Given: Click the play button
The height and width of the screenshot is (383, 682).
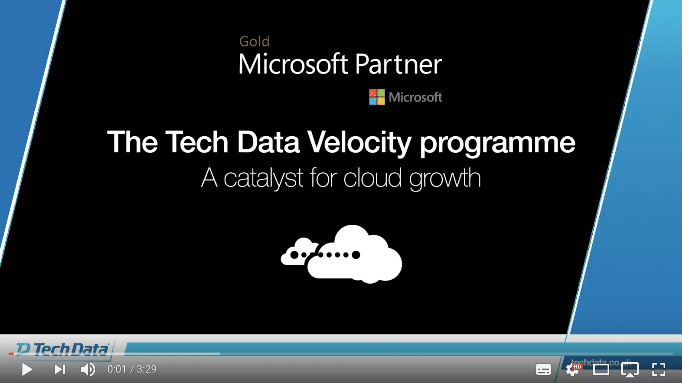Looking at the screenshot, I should tap(27, 369).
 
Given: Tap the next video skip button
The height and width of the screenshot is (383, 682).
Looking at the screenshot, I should tap(60, 369).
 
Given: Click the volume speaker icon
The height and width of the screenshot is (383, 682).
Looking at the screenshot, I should tap(88, 369).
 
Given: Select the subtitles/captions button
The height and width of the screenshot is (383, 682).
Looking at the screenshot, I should tap(543, 369).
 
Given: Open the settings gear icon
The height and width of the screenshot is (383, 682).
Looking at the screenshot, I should tap(573, 369).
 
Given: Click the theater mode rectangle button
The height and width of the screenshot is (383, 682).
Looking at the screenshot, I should tap(601, 369).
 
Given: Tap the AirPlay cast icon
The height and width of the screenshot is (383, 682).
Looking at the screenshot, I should tap(630, 369).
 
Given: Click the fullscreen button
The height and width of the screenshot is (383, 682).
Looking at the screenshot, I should tap(658, 369).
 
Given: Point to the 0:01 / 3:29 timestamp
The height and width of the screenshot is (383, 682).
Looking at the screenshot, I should tap(132, 369).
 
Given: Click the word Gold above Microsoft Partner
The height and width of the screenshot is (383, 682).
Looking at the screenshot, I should tap(254, 41).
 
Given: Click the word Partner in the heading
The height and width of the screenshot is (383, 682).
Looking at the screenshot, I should tap(398, 65).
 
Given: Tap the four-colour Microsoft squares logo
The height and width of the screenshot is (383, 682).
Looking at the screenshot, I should tap(377, 97).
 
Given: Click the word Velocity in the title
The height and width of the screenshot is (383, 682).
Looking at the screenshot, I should tap(359, 143).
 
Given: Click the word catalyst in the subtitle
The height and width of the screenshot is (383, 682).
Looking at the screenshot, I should tap(263, 178).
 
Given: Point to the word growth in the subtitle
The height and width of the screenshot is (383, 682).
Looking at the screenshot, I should tap(445, 178).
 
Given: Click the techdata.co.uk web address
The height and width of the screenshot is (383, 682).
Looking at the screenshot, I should tap(600, 362).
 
